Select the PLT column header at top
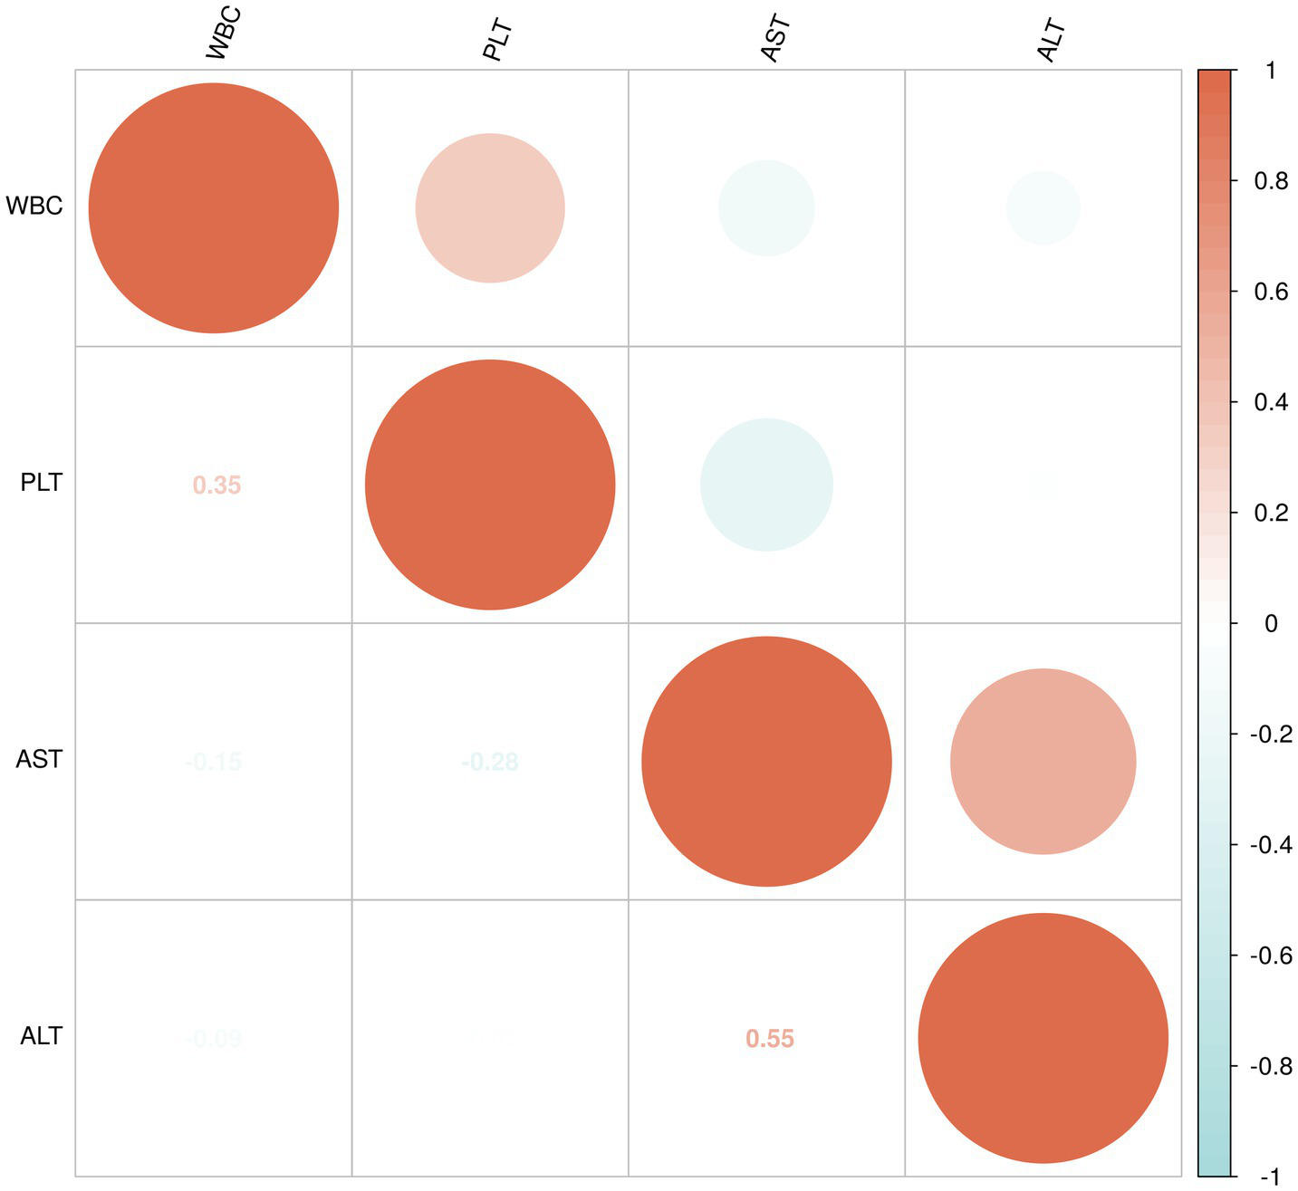tap(497, 41)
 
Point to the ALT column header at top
tap(1051, 41)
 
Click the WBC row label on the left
tap(34, 207)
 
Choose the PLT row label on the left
tap(42, 483)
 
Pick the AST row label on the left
tap(40, 759)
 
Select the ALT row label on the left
tap(41, 1035)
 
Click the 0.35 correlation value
tap(216, 485)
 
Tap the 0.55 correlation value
tap(770, 1039)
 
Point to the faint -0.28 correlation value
tap(490, 762)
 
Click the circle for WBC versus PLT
tap(490, 208)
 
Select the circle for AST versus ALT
tap(1043, 762)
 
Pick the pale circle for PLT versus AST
tap(766, 485)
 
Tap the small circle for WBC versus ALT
tap(1043, 208)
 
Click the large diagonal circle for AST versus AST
tap(766, 762)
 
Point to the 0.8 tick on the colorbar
tap(1270, 181)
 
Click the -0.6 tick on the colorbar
tap(1270, 956)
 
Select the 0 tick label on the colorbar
tap(1270, 623)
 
